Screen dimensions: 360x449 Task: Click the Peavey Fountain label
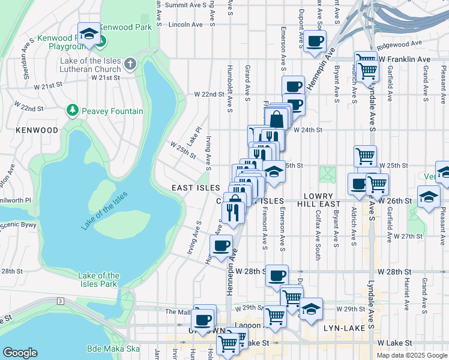pos(113,111)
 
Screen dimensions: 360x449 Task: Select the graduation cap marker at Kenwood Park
pos(89,34)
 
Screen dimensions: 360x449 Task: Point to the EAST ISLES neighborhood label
pos(196,188)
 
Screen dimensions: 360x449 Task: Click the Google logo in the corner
pos(20,353)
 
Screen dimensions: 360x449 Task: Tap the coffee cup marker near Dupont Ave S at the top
pos(315,41)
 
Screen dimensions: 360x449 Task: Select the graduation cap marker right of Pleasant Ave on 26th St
pos(429,197)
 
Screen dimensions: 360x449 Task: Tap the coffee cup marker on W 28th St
pos(277,275)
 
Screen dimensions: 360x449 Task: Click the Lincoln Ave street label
pos(186,25)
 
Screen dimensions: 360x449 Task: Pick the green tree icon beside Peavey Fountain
pos(73,110)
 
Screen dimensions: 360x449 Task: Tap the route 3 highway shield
pos(60,300)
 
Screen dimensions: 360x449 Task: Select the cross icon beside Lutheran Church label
pos(130,64)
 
